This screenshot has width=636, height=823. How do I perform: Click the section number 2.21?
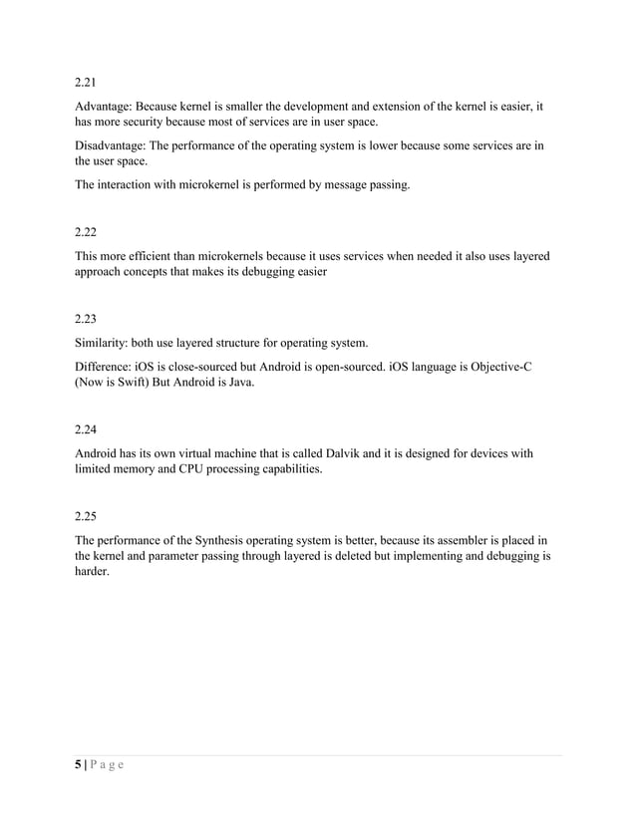87,81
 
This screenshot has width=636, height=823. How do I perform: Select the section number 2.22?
87,231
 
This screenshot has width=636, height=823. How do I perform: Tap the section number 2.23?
87,320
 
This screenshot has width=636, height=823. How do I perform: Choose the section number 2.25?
87,517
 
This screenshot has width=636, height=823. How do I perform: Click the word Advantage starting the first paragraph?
103,104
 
